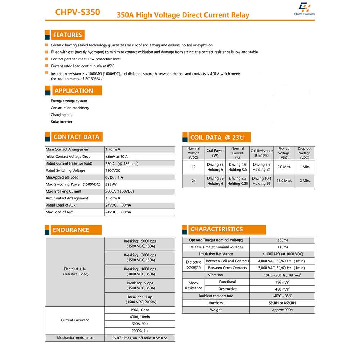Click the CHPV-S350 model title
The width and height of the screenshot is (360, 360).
pyautogui.click(x=77, y=12)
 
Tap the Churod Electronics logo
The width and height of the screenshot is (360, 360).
pyautogui.click(x=304, y=9)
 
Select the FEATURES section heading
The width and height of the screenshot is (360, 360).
pyautogui.click(x=67, y=35)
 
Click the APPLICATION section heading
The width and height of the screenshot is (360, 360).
pyautogui.click(x=74, y=91)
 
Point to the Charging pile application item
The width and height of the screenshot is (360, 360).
pyautogui.click(x=62, y=115)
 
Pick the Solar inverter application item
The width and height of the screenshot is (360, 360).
pyautogui.click(x=62, y=122)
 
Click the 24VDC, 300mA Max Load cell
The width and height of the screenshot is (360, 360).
pyautogui.click(x=118, y=212)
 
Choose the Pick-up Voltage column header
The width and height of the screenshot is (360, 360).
pyautogui.click(x=284, y=153)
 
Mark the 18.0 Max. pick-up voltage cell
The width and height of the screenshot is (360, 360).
pyautogui.click(x=284, y=181)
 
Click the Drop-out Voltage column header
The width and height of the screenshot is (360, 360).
pyautogui.click(x=305, y=153)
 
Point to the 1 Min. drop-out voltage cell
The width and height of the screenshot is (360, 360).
pyautogui.click(x=305, y=167)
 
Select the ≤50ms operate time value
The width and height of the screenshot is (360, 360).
pyautogui.click(x=282, y=240)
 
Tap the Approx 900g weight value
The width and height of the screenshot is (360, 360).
pyautogui.click(x=282, y=310)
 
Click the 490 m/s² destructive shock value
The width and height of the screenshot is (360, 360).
pyautogui.click(x=282, y=289)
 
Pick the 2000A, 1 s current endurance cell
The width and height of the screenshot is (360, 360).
pyautogui.click(x=140, y=331)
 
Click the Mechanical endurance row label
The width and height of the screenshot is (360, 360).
pyautogui.click(x=75, y=338)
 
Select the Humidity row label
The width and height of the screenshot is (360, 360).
pyautogui.click(x=216, y=303)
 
